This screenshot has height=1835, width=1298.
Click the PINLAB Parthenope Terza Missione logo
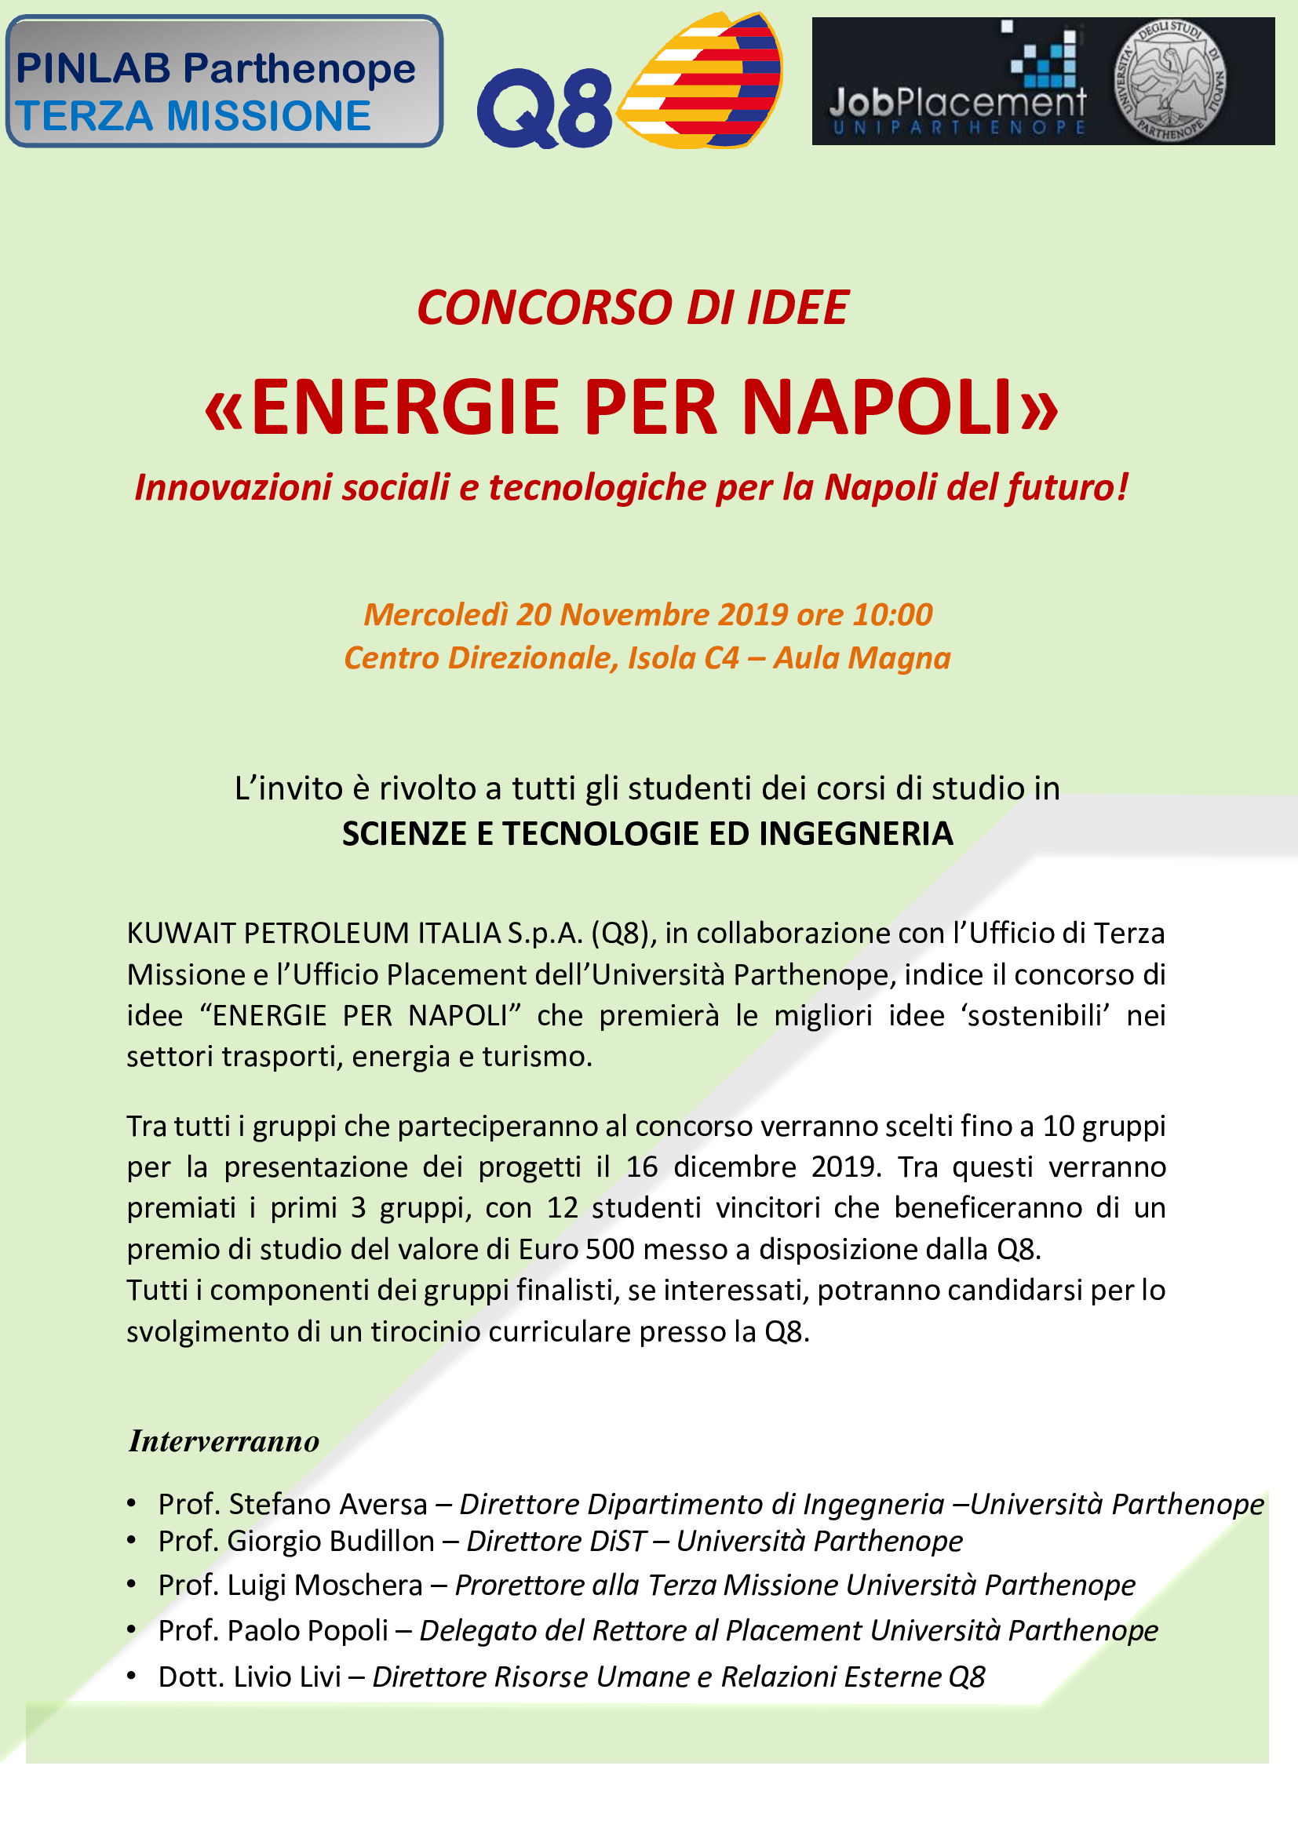point(224,82)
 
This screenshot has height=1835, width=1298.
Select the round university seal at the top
point(1169,81)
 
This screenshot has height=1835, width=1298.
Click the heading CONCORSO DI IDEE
point(633,308)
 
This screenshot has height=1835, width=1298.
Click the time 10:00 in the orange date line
point(892,614)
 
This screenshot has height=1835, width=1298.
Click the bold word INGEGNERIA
point(855,834)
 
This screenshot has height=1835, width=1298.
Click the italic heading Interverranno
point(224,1441)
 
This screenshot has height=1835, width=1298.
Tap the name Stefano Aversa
point(328,1504)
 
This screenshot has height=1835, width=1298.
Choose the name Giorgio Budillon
point(331,1542)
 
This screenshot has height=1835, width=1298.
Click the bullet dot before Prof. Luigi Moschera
point(132,1585)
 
